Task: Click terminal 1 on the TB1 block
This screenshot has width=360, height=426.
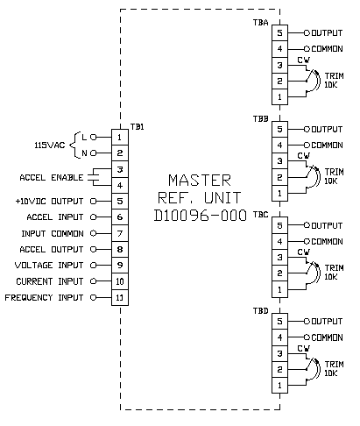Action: point(120,137)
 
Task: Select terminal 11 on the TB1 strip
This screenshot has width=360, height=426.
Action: point(120,297)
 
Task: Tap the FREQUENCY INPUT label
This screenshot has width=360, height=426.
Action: point(44,297)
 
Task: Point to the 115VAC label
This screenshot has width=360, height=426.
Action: point(50,145)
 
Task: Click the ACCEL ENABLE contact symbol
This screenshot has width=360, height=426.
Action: point(94,177)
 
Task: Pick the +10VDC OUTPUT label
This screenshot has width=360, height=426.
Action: point(49,202)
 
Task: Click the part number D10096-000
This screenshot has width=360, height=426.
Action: point(201,216)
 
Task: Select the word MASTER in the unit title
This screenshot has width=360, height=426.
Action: point(200,180)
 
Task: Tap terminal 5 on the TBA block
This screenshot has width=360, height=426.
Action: point(279,32)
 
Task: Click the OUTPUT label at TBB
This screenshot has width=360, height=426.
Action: point(327,129)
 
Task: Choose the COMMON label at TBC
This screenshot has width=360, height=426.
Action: point(327,241)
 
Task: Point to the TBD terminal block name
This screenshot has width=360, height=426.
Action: point(260,310)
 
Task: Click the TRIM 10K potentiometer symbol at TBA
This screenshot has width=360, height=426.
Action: point(313,81)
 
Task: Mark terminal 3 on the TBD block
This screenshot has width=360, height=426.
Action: point(279,353)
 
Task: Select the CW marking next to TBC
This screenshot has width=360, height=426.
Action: point(304,252)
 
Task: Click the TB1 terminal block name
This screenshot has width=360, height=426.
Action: point(137,127)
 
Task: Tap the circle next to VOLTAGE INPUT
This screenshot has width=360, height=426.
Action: point(93,265)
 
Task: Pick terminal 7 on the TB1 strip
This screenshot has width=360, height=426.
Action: point(120,233)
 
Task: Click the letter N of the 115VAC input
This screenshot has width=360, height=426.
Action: point(84,153)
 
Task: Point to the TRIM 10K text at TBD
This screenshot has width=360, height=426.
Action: point(334,368)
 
